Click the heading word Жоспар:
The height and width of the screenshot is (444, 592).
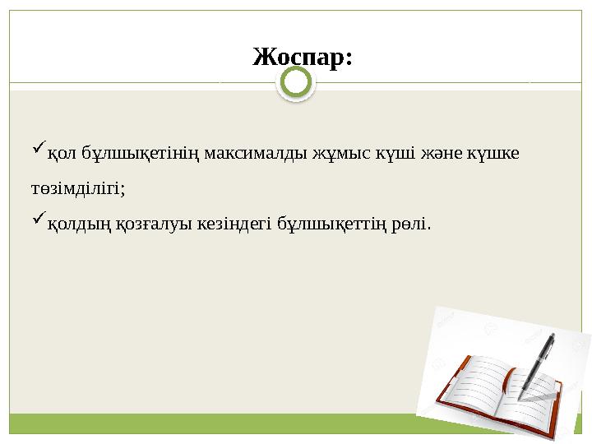tap(303, 58)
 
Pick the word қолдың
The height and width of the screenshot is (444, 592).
tap(74, 224)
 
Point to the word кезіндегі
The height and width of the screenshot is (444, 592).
tap(234, 224)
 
